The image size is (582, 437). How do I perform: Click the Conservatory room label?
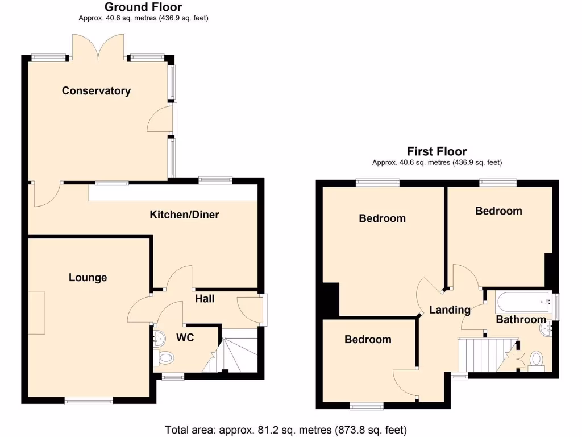(96, 91)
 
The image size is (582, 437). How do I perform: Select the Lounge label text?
(88, 278)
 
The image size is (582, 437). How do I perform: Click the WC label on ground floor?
(185, 338)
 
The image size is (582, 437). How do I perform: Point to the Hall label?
(205, 298)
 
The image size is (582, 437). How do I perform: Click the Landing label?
(450, 310)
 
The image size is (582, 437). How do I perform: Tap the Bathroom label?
(521, 320)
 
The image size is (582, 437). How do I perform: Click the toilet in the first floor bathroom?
(536, 360)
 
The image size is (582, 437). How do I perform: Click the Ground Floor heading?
(143, 7)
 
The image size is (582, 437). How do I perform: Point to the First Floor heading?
(436, 151)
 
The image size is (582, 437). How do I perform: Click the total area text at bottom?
(285, 430)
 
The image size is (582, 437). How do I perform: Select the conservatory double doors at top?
(98, 47)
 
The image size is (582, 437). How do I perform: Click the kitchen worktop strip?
(173, 193)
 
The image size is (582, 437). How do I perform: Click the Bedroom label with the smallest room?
(368, 340)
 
